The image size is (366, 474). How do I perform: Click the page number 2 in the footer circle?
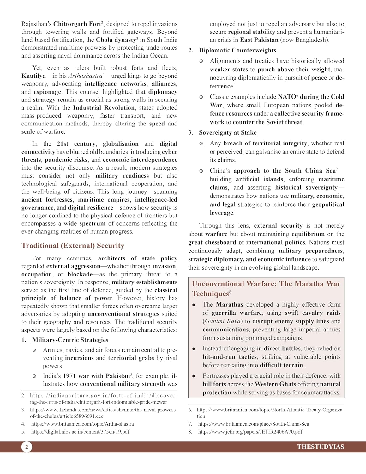point(27,447)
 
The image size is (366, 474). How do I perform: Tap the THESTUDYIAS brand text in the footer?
point(320,447)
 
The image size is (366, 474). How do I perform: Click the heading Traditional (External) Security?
point(73,246)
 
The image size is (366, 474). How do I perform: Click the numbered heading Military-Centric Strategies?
point(70,340)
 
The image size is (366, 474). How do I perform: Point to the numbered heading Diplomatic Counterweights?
point(237,50)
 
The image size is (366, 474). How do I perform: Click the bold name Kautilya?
point(33,76)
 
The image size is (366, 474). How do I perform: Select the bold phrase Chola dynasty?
point(116,40)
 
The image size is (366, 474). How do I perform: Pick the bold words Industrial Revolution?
point(104,108)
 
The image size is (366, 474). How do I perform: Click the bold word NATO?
point(286,97)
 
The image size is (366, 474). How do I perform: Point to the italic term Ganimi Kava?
point(223,321)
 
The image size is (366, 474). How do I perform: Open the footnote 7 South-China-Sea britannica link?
point(253,424)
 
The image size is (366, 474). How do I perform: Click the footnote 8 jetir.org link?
point(250,432)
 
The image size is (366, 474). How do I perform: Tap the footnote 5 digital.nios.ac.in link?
point(80,432)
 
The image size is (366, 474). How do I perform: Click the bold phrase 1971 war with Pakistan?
point(96,376)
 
